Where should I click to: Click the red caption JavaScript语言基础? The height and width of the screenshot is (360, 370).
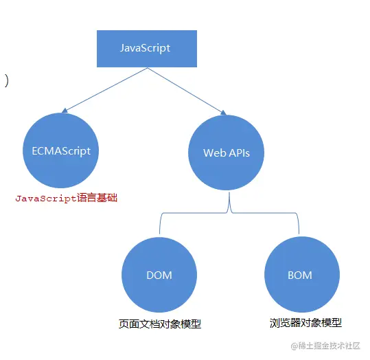click(67, 198)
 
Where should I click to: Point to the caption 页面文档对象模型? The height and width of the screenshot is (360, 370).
click(160, 324)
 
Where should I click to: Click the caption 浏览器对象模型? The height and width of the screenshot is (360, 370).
click(305, 323)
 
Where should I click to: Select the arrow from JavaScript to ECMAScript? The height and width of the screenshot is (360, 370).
click(103, 89)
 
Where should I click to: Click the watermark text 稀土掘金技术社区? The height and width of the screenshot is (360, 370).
click(328, 346)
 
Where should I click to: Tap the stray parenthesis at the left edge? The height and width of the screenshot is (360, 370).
click(6, 81)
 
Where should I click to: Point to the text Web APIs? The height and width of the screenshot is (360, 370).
click(227, 153)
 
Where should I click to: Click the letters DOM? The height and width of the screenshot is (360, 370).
click(159, 275)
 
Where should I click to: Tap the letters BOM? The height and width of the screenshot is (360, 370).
click(300, 275)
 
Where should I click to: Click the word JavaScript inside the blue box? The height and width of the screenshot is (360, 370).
click(145, 48)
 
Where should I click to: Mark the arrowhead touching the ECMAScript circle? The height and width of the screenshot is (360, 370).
click(65, 110)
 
